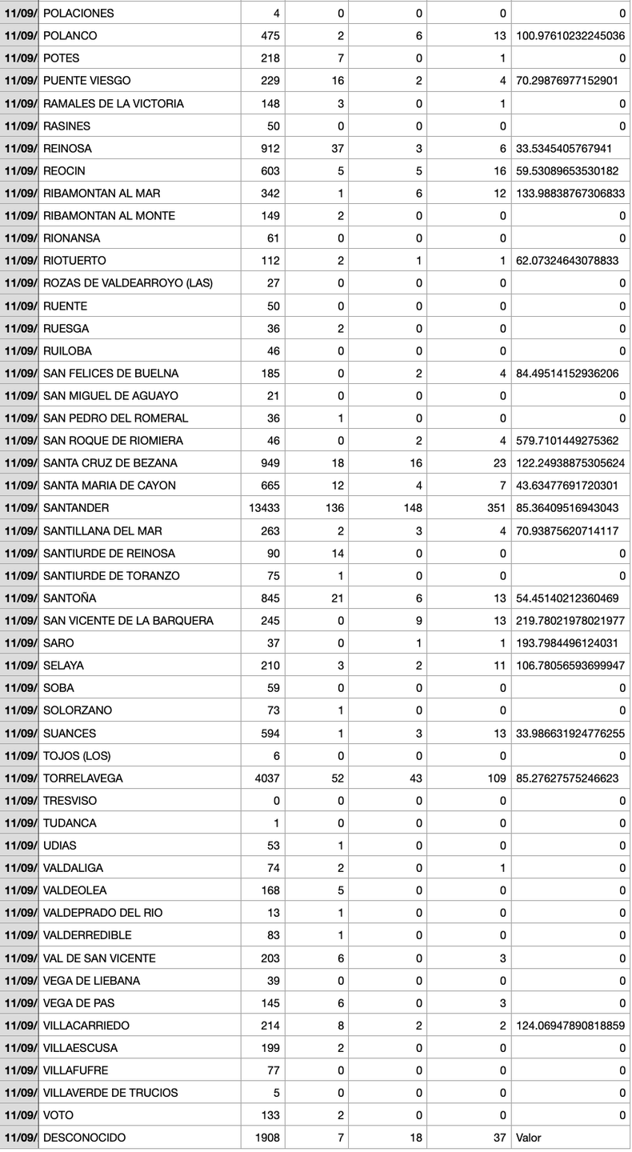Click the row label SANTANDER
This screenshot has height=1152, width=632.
(76, 508)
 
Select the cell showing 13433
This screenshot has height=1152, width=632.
(265, 508)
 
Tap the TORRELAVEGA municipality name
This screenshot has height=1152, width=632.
(82, 778)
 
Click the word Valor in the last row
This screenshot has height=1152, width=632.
(529, 1138)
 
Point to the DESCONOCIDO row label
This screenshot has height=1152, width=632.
(84, 1138)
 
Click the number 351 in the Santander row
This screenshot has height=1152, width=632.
(494, 508)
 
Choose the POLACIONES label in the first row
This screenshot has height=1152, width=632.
(78, 14)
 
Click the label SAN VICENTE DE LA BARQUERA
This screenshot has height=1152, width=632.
(128, 621)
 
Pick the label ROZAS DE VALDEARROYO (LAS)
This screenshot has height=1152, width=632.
(127, 283)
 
